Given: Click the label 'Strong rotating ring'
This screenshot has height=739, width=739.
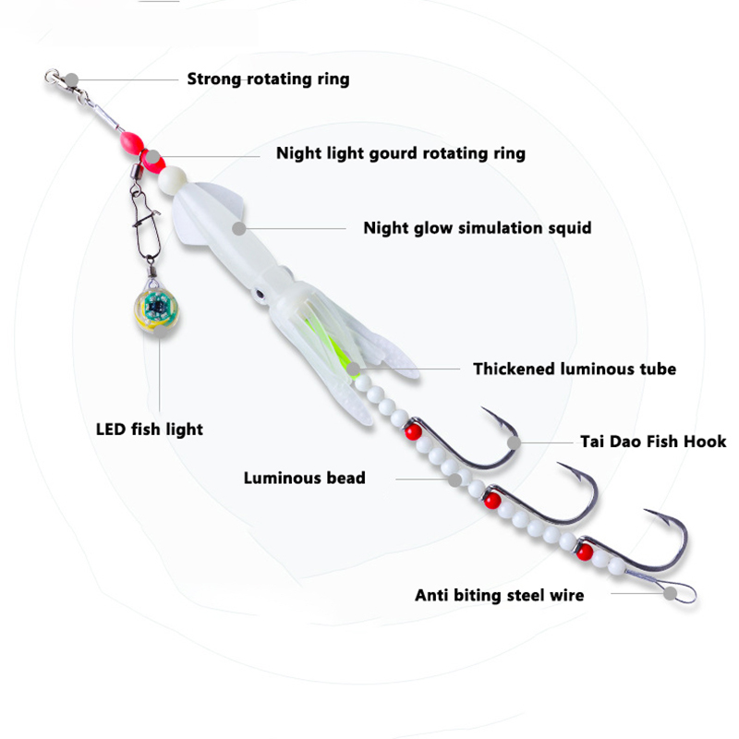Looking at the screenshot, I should pyautogui.click(x=268, y=79).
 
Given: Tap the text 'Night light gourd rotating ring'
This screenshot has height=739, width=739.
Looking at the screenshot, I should pyautogui.click(x=400, y=152).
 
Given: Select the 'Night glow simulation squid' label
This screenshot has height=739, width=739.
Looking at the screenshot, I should pyautogui.click(x=477, y=227).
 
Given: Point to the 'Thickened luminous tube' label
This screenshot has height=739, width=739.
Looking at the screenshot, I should pyautogui.click(x=575, y=369).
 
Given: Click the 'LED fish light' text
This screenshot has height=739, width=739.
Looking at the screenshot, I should pyautogui.click(x=150, y=429).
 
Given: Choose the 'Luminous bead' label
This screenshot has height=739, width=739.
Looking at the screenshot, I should pyautogui.click(x=304, y=478).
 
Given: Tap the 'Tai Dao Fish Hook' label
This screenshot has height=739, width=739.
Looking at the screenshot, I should pyautogui.click(x=653, y=442).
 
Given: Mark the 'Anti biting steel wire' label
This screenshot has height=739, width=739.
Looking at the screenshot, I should pyautogui.click(x=499, y=595).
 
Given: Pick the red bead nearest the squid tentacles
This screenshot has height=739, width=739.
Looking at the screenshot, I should pyautogui.click(x=411, y=430).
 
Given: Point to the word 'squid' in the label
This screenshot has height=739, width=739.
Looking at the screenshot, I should pyautogui.click(x=568, y=227).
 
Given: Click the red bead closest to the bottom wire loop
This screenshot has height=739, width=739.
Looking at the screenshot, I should pyautogui.click(x=584, y=553).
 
